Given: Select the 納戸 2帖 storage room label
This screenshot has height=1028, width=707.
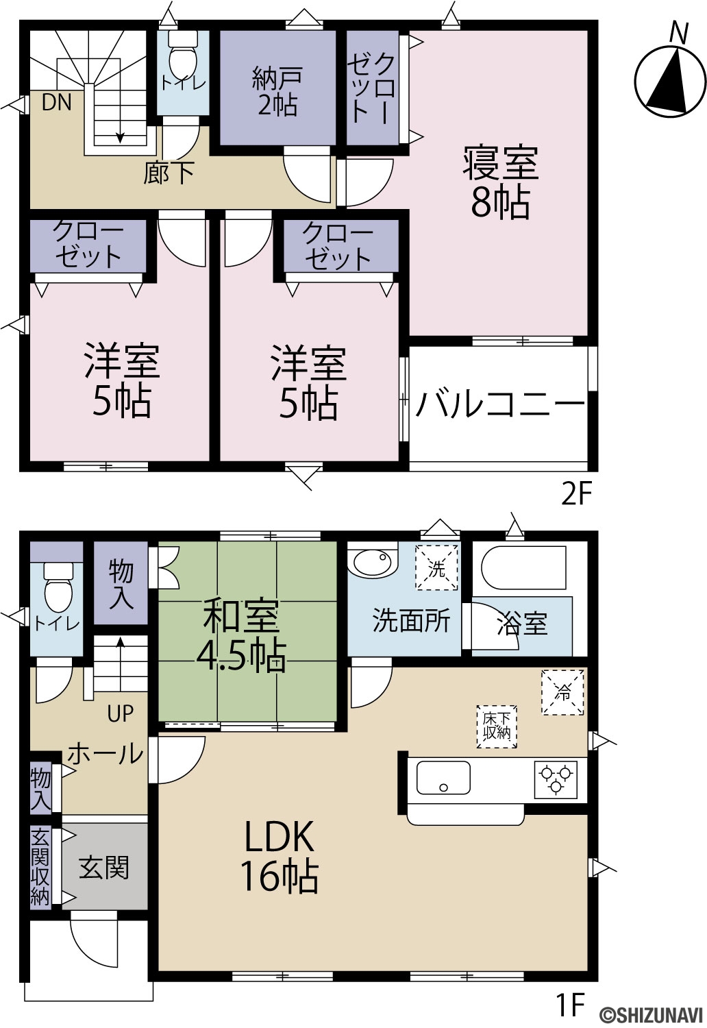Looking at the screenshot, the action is pyautogui.click(x=277, y=91).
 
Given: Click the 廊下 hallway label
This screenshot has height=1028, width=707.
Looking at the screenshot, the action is pyautogui.click(x=169, y=173).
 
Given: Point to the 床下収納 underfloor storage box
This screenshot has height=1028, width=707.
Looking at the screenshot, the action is pyautogui.click(x=497, y=727).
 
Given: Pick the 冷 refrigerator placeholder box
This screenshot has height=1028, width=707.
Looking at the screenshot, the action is pyautogui.click(x=562, y=692).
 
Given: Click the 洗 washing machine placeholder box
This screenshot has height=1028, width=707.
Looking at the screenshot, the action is pyautogui.click(x=437, y=567).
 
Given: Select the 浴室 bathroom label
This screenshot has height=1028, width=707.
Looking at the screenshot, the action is pyautogui.click(x=523, y=624).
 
